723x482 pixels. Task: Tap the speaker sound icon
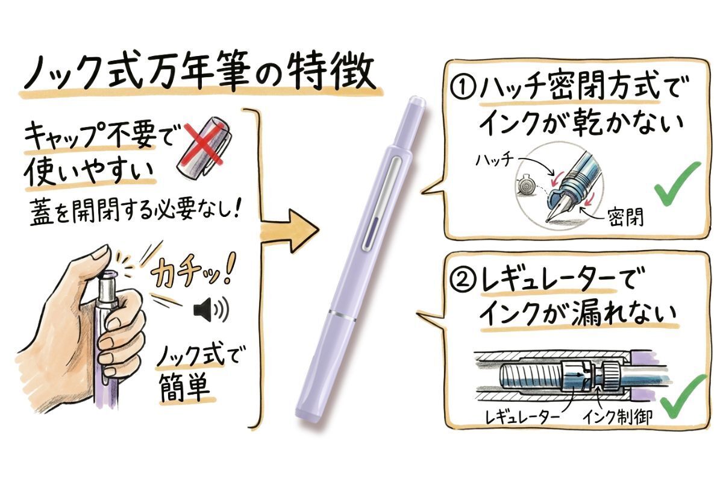pyautogui.click(x=211, y=310)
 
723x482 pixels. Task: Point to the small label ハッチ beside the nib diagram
pyautogui.click(x=495, y=159)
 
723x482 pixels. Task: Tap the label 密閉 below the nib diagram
pyautogui.click(x=625, y=216)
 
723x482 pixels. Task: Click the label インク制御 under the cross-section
pyautogui.click(x=617, y=417)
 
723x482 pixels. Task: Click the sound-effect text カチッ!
pyautogui.click(x=193, y=271)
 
